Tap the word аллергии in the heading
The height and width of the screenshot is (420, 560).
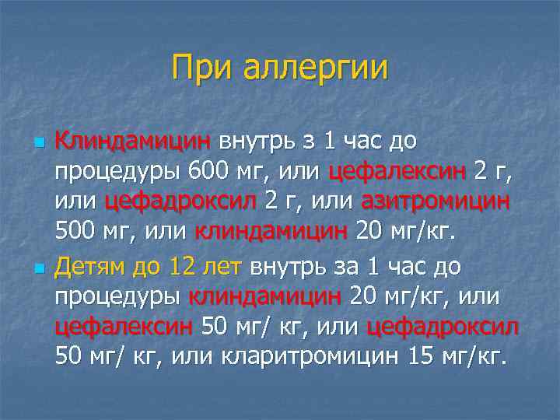315,69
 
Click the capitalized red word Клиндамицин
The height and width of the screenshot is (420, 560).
132,142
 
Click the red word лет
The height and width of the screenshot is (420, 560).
222,267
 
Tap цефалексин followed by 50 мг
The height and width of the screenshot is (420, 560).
124,326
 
